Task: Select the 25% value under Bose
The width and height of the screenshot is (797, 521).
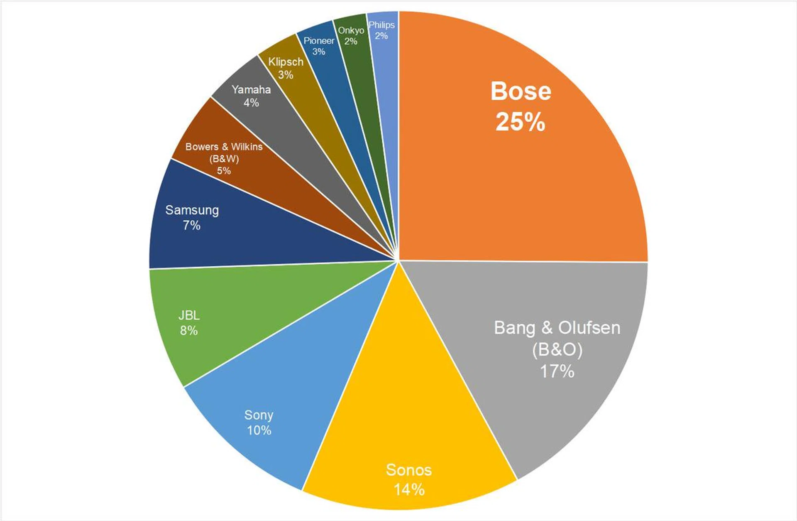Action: [x=520, y=122]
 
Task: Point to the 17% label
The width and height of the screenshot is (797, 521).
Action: [x=557, y=371]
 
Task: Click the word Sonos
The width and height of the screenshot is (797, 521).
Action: [x=409, y=470]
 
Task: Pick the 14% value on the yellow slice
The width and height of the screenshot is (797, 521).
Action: [x=409, y=490]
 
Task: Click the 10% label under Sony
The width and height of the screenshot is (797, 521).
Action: [x=259, y=430]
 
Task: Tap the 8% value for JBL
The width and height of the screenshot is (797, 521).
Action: [x=189, y=331]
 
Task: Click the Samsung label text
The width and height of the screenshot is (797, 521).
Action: [x=192, y=210]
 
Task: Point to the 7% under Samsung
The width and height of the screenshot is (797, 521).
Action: [x=191, y=226]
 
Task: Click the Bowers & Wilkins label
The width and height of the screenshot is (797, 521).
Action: [x=224, y=147]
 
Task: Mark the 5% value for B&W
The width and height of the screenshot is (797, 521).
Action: [x=224, y=171]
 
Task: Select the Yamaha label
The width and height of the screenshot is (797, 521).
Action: [x=251, y=90]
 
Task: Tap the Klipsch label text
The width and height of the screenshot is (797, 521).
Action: [x=286, y=62]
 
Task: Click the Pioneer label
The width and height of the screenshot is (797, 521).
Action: [x=319, y=41]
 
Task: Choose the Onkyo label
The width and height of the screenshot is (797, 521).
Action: [x=351, y=30]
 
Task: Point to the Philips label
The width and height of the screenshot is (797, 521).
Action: [x=381, y=25]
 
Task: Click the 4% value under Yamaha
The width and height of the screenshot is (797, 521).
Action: [x=251, y=103]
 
